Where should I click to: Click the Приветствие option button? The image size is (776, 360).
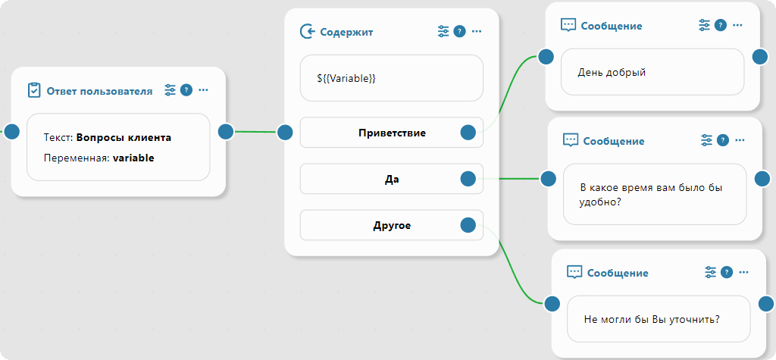[391, 133]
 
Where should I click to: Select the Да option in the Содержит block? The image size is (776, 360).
[391, 180]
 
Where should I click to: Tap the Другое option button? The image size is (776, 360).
[391, 225]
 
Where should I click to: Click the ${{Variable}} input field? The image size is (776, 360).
[391, 78]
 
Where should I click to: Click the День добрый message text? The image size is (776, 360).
[612, 73]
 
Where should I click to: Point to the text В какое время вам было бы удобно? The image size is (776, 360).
[650, 195]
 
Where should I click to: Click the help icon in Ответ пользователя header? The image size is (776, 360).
[186, 90]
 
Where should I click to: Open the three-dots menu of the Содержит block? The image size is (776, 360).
[477, 31]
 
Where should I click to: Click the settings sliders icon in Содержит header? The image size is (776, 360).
[444, 31]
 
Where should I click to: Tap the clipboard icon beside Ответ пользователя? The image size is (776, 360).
[34, 90]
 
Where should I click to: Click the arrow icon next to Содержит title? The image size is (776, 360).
[308, 31]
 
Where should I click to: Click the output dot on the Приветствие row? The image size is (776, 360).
[468, 133]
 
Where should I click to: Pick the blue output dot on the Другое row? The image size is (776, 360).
[468, 225]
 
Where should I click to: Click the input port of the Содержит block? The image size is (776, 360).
[285, 133]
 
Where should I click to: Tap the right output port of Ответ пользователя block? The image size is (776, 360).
[225, 131]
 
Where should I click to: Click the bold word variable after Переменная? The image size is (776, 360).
[133, 158]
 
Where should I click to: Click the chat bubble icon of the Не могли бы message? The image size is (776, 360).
[574, 272]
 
